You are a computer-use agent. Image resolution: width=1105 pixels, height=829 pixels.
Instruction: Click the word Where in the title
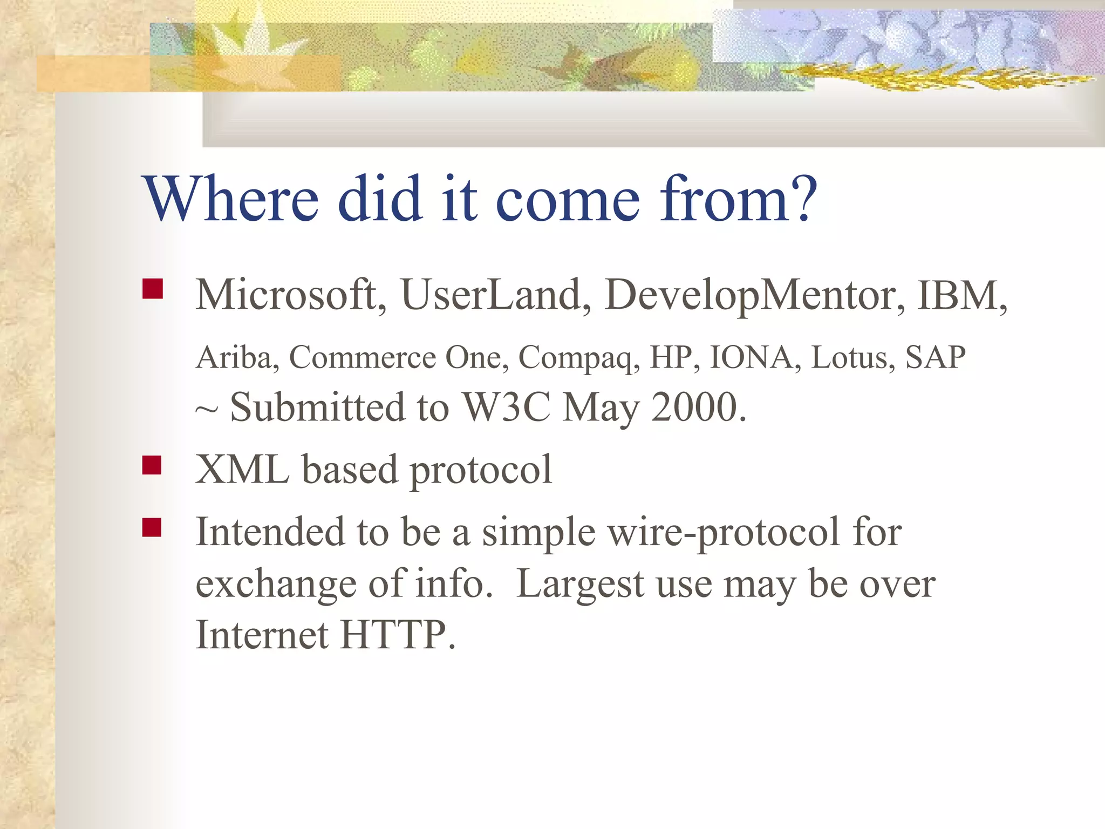click(231, 199)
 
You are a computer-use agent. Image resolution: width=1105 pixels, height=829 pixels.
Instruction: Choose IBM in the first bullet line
click(958, 296)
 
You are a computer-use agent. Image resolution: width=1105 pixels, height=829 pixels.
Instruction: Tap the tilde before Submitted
click(207, 410)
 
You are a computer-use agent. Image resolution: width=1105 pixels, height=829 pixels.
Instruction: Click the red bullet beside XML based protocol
click(152, 465)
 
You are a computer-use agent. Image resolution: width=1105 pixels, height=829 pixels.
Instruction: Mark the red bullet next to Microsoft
click(152, 289)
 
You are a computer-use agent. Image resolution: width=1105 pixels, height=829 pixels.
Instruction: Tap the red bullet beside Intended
click(152, 527)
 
